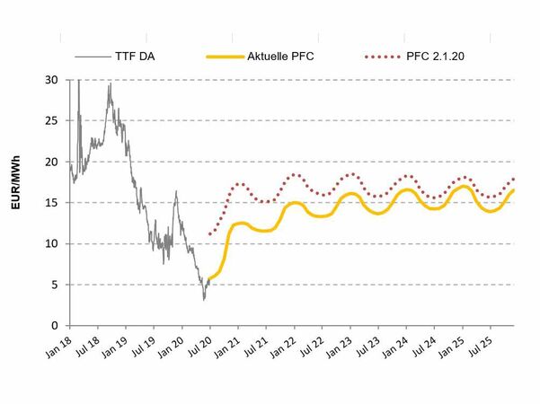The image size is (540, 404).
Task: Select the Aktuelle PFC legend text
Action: (280, 57)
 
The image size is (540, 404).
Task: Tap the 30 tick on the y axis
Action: (53, 80)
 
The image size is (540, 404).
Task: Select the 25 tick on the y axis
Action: (53, 121)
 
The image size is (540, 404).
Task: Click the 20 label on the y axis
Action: (53, 162)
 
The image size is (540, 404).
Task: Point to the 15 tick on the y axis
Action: (53, 203)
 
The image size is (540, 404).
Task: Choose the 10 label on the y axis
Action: (53, 243)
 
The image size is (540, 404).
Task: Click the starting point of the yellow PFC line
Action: (208, 278)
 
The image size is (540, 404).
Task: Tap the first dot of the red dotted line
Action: (209, 234)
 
